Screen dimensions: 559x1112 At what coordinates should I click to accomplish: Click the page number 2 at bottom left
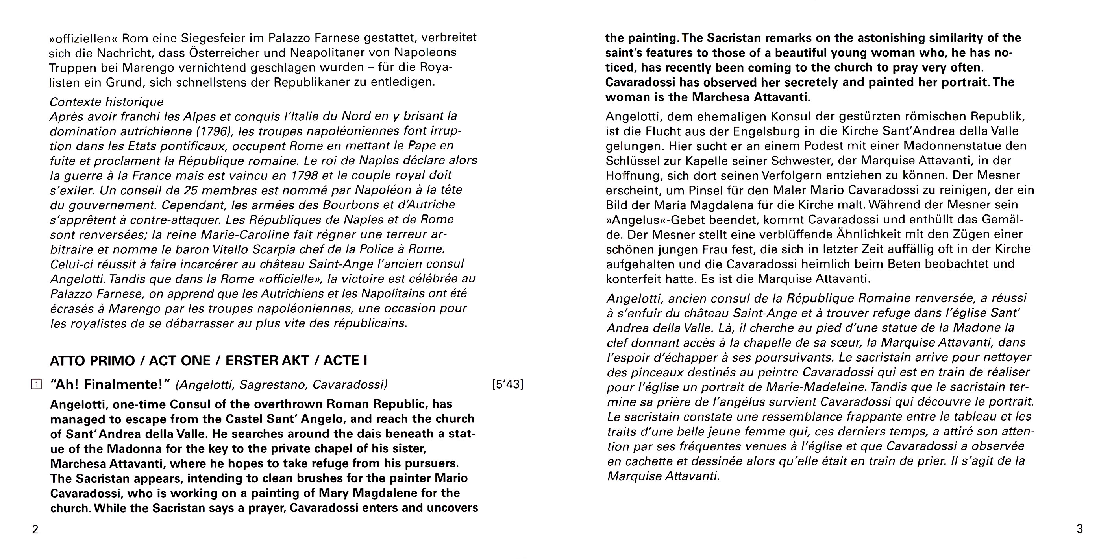35,529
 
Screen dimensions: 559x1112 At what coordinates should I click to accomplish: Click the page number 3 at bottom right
1079,529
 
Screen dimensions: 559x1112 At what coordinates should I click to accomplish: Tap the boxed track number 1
37,384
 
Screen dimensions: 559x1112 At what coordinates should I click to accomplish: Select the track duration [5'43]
508,384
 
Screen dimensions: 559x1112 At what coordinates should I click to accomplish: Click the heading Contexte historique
107,102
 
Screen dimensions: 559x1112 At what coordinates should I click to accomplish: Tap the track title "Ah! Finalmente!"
111,384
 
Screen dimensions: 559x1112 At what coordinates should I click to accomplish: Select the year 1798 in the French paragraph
305,175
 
